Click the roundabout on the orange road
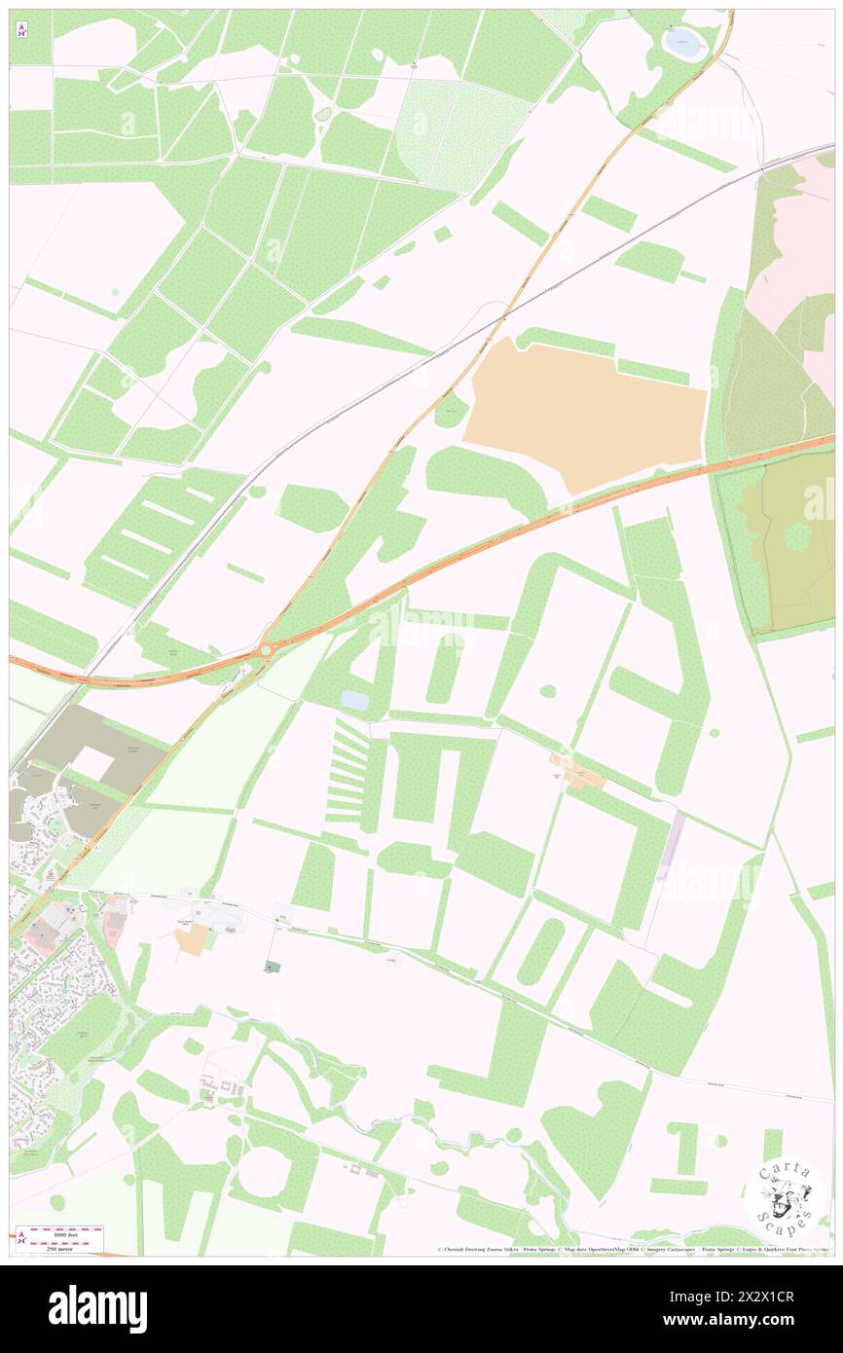click(266, 648)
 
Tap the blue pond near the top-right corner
click(682, 40)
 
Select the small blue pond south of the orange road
click(354, 700)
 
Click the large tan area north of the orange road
click(584, 413)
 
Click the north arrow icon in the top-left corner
click(20, 30)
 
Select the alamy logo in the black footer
click(97, 1308)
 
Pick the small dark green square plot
click(271, 967)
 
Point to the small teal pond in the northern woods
click(323, 115)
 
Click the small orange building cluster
click(576, 774)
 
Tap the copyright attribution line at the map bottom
click(633, 1250)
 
